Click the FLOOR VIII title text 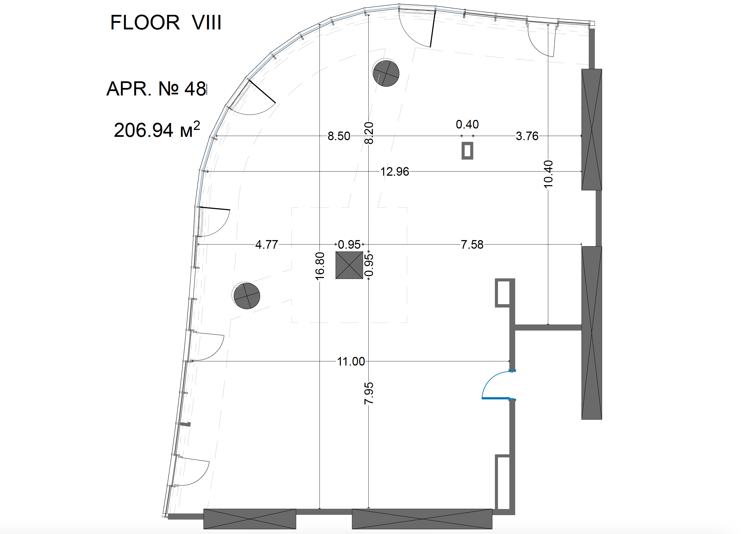tap(166, 22)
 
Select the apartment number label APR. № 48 tap(157, 89)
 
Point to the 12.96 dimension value tap(395, 171)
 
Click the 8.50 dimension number tap(339, 136)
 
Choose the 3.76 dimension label tap(527, 136)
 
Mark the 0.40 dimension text tap(467, 124)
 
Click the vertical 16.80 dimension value tap(319, 266)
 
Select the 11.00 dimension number tap(351, 361)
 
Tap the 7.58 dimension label tap(472, 244)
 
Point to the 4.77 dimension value tap(267, 244)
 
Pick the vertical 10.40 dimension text tap(548, 174)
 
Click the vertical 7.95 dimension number tap(369, 393)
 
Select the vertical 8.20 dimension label tap(369, 133)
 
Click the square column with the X tap(349, 265)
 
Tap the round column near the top tap(386, 73)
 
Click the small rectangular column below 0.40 tap(467, 151)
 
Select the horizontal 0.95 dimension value tap(349, 244)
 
